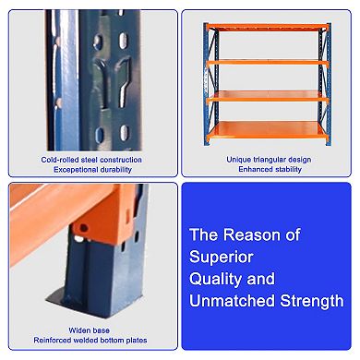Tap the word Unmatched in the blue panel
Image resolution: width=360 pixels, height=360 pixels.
(x=230, y=300)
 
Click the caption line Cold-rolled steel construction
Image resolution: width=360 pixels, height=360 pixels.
(x=91, y=159)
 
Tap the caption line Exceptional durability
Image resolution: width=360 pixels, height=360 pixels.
(x=91, y=170)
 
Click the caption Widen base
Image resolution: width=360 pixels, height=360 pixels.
(x=91, y=329)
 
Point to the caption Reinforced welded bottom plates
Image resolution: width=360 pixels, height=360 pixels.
(x=91, y=340)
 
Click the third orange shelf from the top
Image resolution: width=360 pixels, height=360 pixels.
(x=268, y=95)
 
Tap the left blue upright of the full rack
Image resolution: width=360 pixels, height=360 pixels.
(x=209, y=83)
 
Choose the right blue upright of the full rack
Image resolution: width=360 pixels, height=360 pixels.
(x=326, y=83)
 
